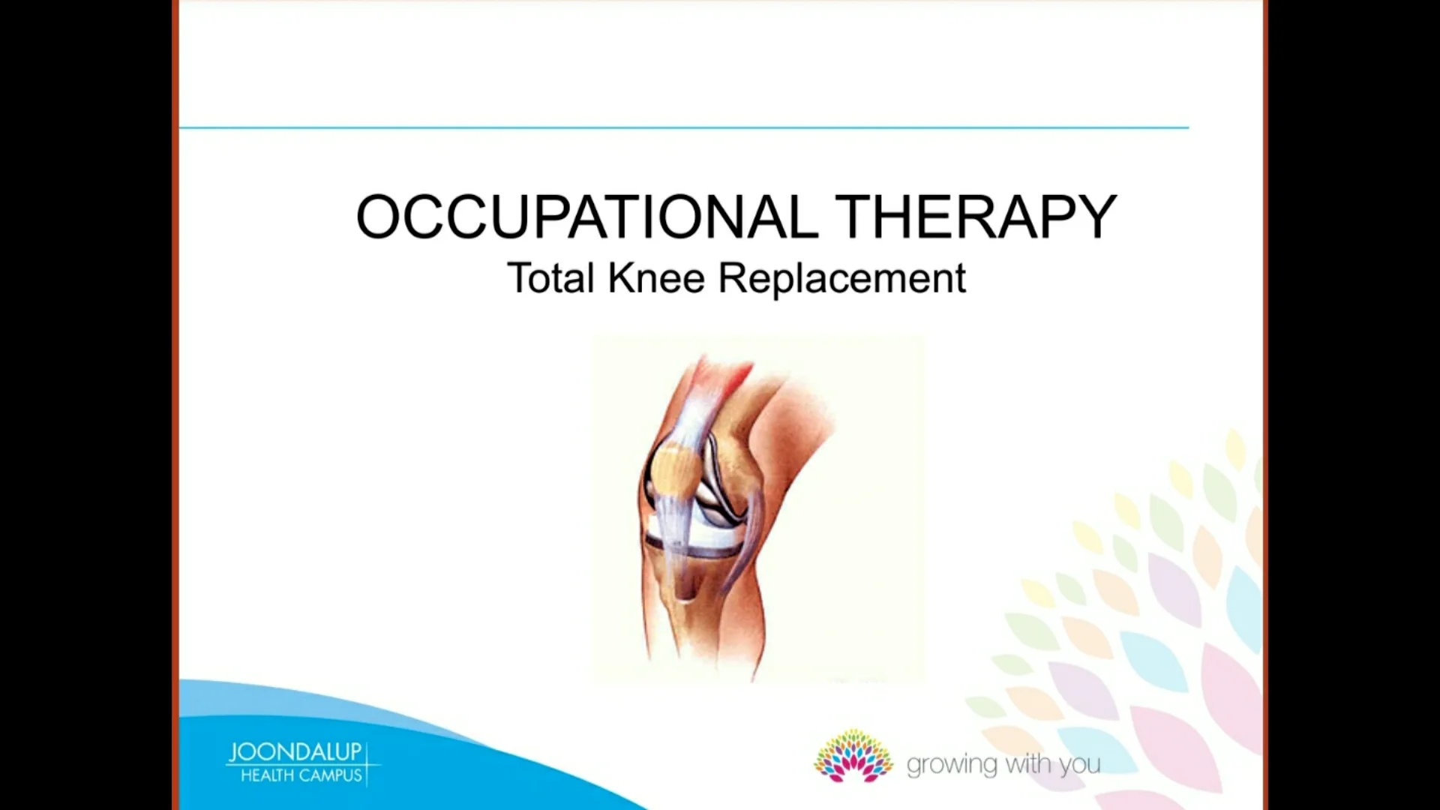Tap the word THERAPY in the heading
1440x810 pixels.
pyautogui.click(x=975, y=217)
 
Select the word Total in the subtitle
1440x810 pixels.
pyautogui.click(x=550, y=278)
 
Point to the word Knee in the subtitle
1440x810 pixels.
pyautogui.click(x=656, y=278)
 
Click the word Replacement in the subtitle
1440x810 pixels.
pyautogui.click(x=841, y=278)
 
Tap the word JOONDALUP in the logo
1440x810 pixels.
pyautogui.click(x=295, y=752)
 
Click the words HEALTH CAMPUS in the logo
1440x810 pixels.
pyautogui.click(x=301, y=775)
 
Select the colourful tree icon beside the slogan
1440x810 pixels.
pyautogui.click(x=853, y=756)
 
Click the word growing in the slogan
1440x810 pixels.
pyautogui.click(x=952, y=765)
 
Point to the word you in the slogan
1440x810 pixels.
pyautogui.click(x=1080, y=765)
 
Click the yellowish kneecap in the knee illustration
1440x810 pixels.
pyautogui.click(x=673, y=469)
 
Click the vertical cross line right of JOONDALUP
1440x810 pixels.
pyautogui.click(x=367, y=763)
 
